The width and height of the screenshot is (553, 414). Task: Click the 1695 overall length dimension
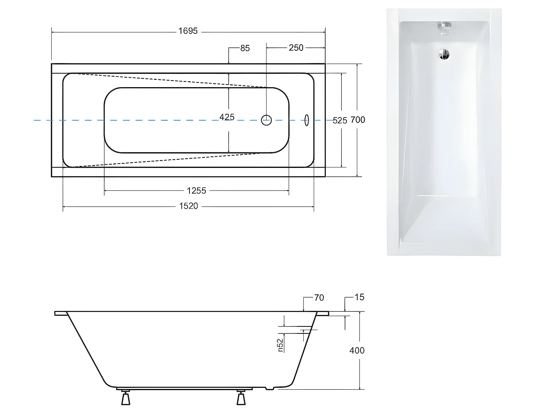[188, 31]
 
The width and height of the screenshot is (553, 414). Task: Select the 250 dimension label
[296, 48]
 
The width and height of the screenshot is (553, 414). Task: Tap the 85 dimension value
[245, 48]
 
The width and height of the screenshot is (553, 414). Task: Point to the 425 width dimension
[227, 117]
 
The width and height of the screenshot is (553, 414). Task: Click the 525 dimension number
[340, 120]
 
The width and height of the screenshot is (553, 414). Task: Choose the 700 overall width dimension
[358, 120]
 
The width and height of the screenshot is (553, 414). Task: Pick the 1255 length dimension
[196, 191]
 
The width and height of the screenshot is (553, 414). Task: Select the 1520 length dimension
[188, 206]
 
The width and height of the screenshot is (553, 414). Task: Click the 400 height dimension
[357, 350]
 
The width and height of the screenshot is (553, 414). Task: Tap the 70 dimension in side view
[319, 297]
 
